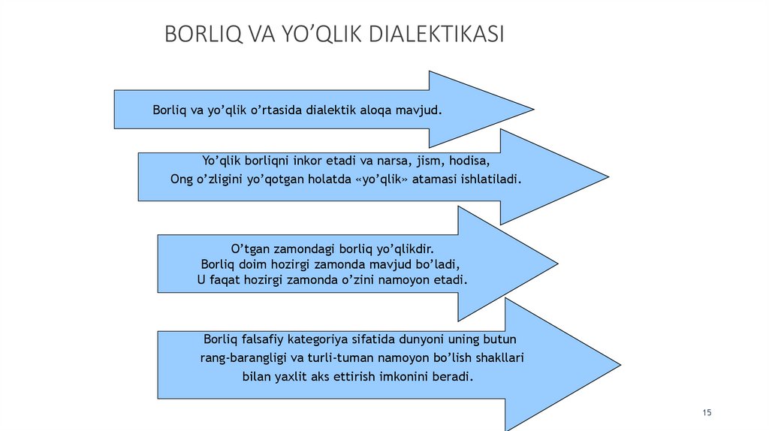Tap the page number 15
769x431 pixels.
click(707, 413)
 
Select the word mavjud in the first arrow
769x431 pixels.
click(421, 110)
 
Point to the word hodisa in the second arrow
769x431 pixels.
click(469, 161)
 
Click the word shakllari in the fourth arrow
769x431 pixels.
click(499, 358)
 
